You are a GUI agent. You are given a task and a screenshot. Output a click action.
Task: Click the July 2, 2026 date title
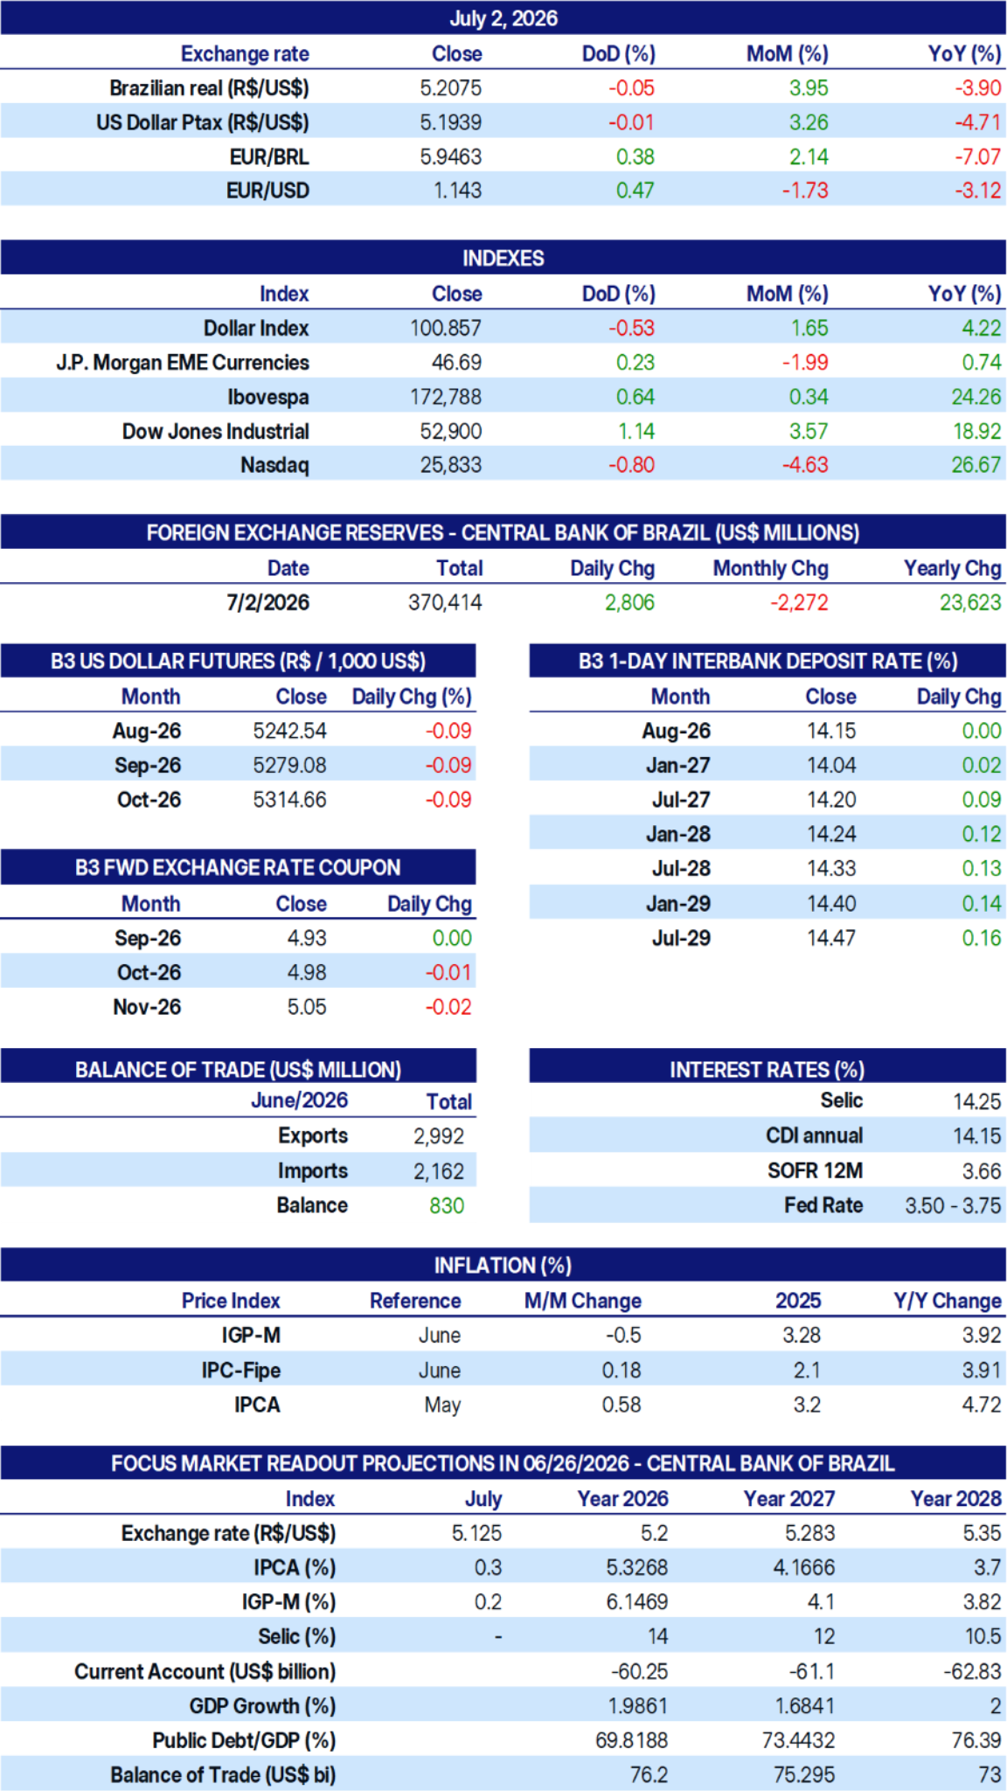503,18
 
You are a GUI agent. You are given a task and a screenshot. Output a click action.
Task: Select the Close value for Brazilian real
450,88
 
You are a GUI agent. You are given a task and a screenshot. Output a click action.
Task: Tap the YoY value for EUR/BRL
977,157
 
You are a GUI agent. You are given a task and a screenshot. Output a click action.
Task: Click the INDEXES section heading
503,259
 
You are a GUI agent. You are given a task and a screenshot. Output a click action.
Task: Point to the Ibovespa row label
268,398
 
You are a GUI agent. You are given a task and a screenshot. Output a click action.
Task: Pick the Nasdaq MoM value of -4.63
805,465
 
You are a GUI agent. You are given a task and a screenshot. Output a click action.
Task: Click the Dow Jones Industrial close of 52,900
451,432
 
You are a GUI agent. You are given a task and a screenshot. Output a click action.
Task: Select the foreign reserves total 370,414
445,603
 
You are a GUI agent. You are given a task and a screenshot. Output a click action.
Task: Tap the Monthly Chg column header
771,569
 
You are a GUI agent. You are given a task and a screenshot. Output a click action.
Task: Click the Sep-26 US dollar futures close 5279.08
289,766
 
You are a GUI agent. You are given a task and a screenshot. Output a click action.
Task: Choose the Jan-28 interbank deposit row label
678,835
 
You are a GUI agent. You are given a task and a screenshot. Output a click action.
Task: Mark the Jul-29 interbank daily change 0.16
982,939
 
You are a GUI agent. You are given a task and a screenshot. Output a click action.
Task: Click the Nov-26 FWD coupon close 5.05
307,1008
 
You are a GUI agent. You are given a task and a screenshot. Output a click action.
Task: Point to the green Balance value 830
447,1206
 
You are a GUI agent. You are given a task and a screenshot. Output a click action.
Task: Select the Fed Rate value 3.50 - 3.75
953,1206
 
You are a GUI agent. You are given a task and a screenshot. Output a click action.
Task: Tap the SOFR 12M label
815,1171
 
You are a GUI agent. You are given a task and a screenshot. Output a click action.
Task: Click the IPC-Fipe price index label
241,1371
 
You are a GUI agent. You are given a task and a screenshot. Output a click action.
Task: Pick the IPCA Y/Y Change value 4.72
982,1406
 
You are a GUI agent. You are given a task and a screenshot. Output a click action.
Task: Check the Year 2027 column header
789,1499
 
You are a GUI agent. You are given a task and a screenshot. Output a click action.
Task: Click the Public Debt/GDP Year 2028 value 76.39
976,1740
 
